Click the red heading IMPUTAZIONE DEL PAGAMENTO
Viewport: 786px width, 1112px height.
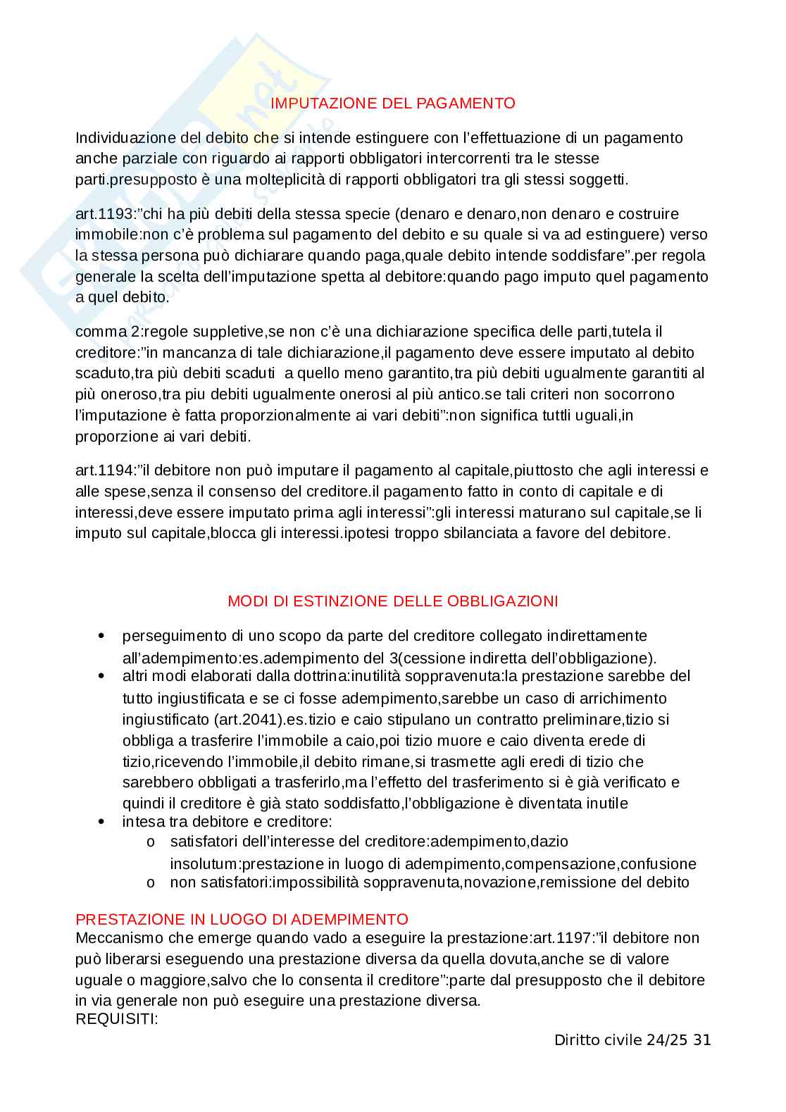tap(392, 104)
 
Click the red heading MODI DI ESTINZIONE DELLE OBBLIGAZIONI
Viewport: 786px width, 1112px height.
tap(392, 601)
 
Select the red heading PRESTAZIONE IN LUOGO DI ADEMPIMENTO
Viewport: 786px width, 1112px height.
tap(242, 920)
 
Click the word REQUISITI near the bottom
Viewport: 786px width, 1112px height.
tap(116, 1020)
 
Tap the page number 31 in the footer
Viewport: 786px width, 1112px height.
tap(702, 1040)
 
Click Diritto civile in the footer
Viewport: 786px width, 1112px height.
tap(598, 1040)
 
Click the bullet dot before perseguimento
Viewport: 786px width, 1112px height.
tap(103, 636)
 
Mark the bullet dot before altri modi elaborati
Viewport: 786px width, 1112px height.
tap(103, 676)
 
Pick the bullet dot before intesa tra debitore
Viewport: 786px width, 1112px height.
tap(103, 822)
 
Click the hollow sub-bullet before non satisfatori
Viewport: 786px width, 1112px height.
tap(150, 883)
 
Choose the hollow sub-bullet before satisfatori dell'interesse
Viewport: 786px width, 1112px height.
tap(150, 842)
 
